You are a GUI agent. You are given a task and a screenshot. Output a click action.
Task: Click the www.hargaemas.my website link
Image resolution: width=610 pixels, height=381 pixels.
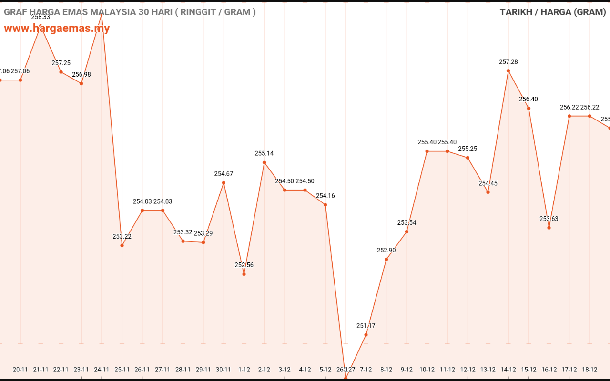57,28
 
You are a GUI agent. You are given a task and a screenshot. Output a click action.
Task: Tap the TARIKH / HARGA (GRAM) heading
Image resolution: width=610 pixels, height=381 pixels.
553,12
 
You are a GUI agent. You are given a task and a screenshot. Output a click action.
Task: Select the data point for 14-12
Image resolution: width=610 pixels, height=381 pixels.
508,70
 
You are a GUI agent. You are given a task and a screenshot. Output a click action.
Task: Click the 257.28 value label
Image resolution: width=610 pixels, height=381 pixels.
508,62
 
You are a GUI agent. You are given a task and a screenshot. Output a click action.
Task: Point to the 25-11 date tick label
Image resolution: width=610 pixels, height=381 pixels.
122,370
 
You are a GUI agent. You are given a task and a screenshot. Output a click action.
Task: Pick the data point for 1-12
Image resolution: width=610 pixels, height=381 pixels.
244,274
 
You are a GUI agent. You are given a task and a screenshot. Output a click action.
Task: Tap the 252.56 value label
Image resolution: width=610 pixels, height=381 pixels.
244,265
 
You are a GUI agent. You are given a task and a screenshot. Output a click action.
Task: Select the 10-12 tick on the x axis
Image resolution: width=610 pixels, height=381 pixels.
427,370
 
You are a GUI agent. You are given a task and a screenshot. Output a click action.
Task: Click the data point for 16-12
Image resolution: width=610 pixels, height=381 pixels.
549,228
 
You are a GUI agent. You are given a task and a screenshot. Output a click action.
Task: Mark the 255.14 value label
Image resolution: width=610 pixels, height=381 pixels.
264,154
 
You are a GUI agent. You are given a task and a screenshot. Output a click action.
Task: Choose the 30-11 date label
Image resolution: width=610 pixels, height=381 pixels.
224,370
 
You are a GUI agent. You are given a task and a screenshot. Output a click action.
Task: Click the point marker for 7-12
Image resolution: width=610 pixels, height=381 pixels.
366,335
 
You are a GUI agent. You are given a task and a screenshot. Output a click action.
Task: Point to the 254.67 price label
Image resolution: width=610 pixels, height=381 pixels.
224,174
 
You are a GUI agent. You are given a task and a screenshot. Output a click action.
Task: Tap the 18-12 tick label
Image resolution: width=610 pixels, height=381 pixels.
590,370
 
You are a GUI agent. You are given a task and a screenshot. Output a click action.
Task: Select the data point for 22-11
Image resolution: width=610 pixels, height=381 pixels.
61,72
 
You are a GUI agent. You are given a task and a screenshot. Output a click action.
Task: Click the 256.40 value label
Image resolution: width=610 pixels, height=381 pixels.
529,100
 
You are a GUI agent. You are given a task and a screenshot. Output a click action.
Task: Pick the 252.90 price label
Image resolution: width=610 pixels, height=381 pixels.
386,251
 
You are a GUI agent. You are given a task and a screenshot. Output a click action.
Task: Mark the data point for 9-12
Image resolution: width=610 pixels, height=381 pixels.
407,231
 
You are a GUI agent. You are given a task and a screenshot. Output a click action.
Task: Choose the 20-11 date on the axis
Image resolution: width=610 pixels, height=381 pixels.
20,370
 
